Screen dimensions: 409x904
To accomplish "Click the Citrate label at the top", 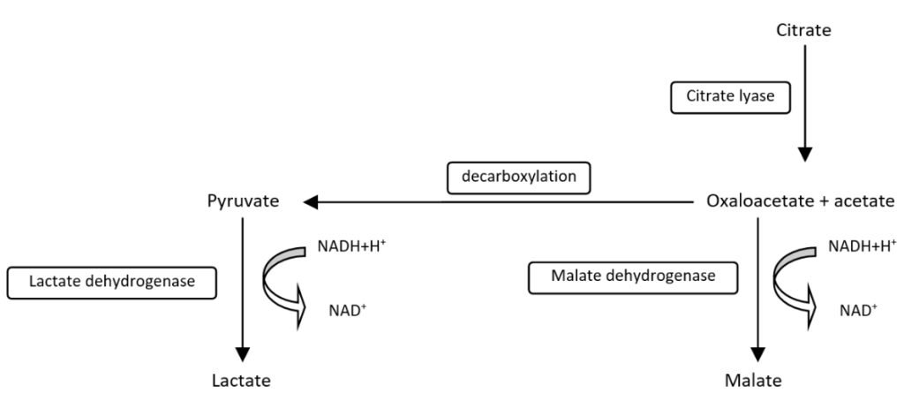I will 803,31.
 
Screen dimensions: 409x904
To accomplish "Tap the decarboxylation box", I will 518,177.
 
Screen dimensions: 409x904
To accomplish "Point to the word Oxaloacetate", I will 758,201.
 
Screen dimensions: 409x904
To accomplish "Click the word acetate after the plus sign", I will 863,201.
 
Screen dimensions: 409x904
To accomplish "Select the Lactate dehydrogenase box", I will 111,282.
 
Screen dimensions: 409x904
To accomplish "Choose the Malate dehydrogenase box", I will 633,276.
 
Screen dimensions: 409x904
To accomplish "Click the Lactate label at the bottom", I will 240,381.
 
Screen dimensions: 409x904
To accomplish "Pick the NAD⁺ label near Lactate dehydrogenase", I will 344,310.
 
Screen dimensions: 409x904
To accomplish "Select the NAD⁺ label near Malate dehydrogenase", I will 859,310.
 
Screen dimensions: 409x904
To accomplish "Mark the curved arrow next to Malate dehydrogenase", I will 793,281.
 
